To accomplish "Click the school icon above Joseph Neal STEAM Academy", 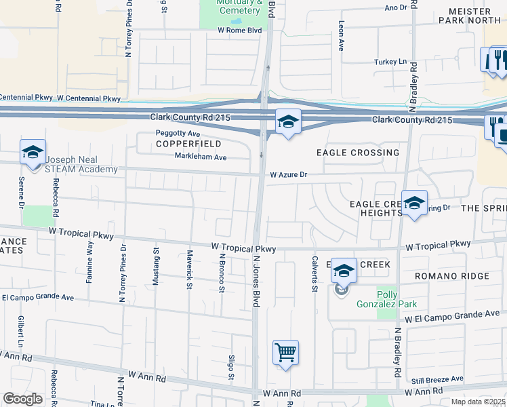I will [32, 153].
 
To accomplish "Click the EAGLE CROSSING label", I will [357, 153].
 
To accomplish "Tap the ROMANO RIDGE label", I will [452, 276].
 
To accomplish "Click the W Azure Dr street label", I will [289, 175].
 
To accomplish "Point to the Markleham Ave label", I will [201, 157].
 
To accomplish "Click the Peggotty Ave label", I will [178, 133].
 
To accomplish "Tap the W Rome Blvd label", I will [239, 31].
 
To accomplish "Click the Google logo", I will [22, 399].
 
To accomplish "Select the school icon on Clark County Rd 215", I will [288, 123].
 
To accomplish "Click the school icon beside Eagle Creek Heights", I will [414, 203].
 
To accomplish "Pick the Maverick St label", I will [189, 270].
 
